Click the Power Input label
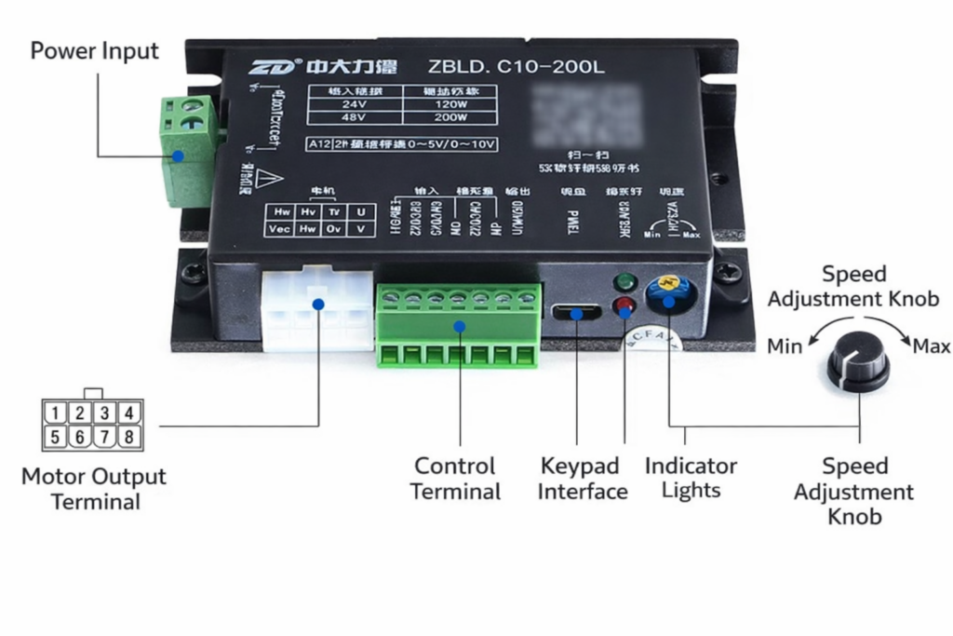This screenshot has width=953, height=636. pos(94,50)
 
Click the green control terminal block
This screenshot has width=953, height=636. pos(459,326)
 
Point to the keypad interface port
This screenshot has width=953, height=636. pos(577,311)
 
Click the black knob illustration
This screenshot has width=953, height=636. pos(858,359)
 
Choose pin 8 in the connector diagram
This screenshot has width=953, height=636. pos(128,436)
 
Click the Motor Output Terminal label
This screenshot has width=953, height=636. pos(94,489)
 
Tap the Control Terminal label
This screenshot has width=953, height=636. pos(455,479)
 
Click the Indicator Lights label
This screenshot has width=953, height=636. pos(691,477)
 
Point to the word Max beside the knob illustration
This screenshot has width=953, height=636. pos(931,346)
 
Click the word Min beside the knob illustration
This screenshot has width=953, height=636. pos(785,346)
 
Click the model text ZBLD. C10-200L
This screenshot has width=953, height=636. pos(516,67)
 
